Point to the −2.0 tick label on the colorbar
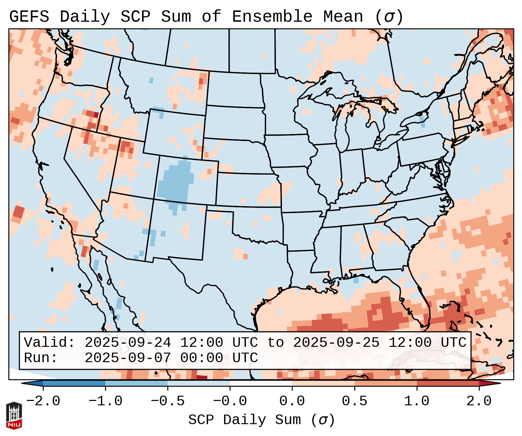click(43, 401)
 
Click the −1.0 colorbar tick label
click(105, 401)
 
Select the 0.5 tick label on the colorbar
click(355, 401)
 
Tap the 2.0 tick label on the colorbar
click(479, 401)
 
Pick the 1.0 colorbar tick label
click(417, 401)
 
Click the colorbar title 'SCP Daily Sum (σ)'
click(261, 420)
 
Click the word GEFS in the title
click(29, 17)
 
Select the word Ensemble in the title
click(272, 17)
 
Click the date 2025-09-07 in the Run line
click(128, 358)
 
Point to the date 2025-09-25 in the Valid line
click(336, 343)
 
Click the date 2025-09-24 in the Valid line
click(128, 343)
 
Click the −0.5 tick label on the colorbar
click(168, 401)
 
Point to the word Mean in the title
click(343, 17)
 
